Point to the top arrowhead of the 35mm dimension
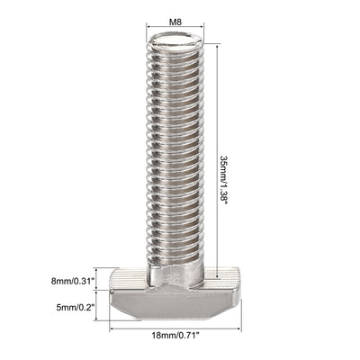coord(218,36)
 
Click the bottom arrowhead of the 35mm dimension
coord(218,276)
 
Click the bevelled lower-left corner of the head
coord(118,310)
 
